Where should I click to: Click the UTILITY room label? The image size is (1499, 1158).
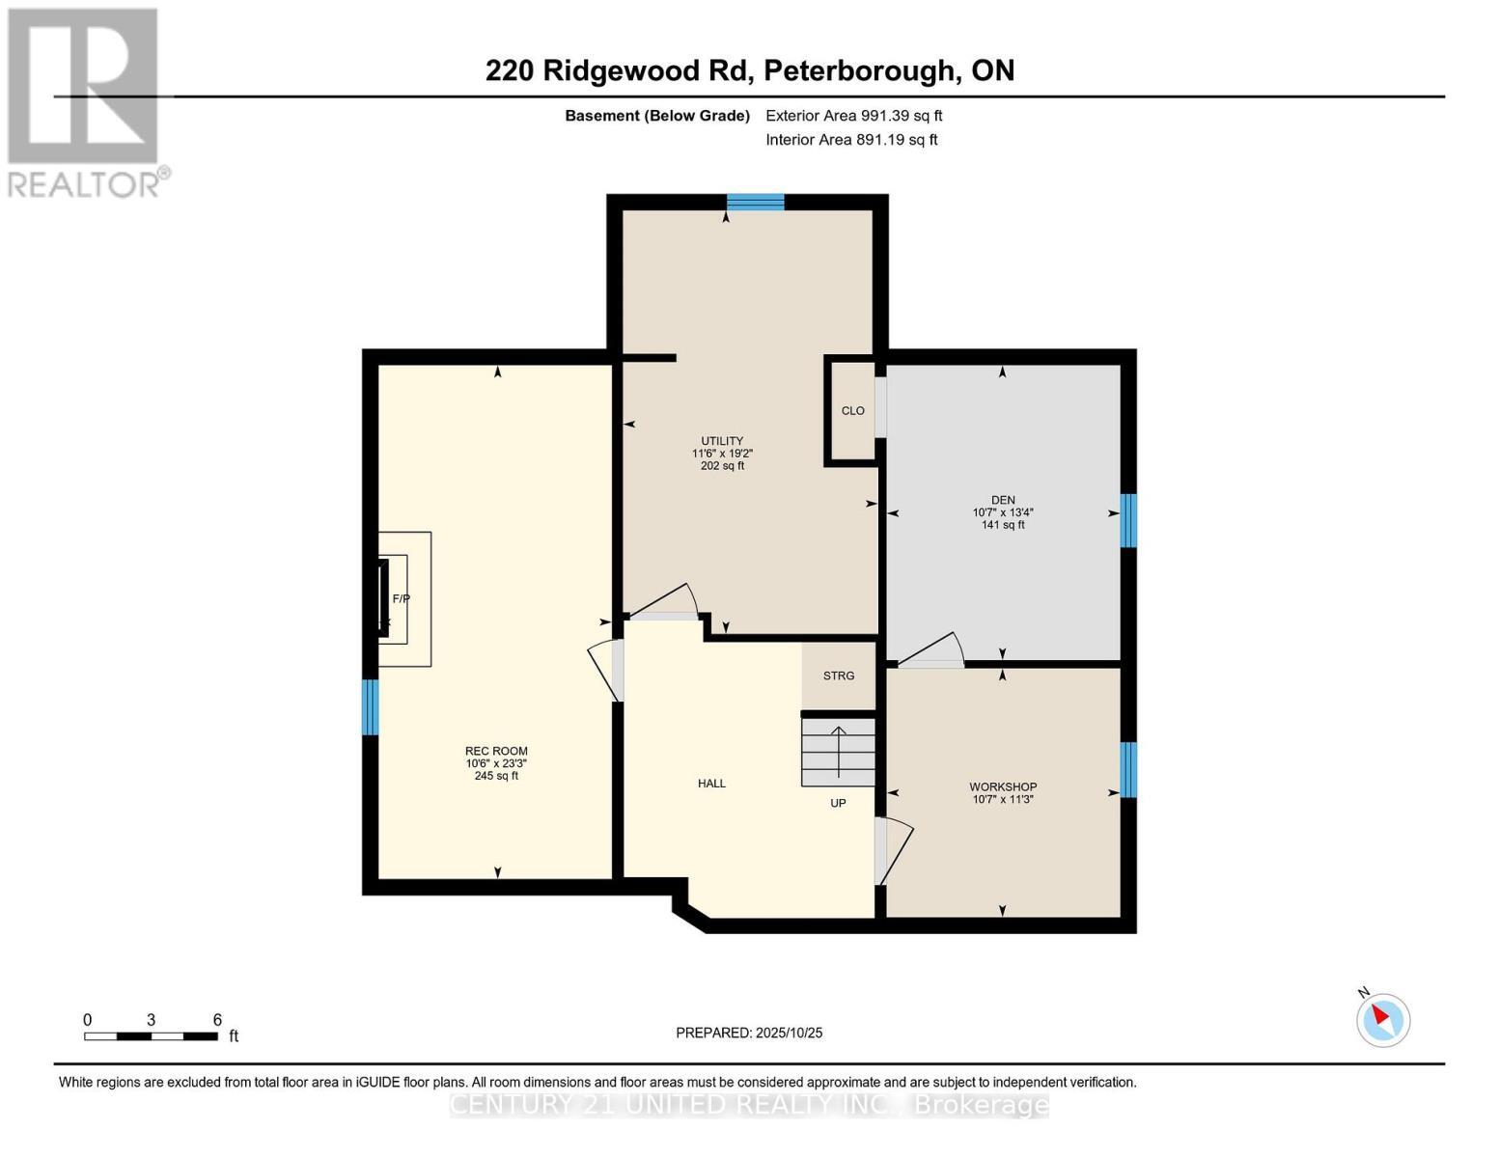(722, 441)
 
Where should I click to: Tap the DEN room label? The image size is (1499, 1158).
(1003, 500)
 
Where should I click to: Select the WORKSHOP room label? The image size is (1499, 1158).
(1003, 786)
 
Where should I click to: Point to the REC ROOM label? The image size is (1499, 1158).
(496, 751)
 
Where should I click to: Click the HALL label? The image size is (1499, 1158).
(711, 784)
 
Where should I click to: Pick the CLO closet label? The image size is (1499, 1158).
(852, 411)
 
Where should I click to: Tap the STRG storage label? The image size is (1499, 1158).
(838, 675)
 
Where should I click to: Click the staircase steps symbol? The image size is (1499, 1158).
(838, 752)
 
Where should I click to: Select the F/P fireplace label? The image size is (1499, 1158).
(401, 599)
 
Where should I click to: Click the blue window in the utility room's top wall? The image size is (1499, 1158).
(755, 202)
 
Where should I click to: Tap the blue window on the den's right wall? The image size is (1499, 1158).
(1127, 520)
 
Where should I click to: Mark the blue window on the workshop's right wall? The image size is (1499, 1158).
(1127, 769)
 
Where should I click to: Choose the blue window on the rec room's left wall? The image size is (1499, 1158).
(370, 706)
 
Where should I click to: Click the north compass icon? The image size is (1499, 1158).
(1383, 1019)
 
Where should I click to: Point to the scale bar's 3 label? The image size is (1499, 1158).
(151, 1020)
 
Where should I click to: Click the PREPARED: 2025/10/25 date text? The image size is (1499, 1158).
(749, 1033)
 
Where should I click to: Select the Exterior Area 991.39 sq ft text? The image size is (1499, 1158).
(853, 116)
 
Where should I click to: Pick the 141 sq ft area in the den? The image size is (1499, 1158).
(1003, 525)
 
